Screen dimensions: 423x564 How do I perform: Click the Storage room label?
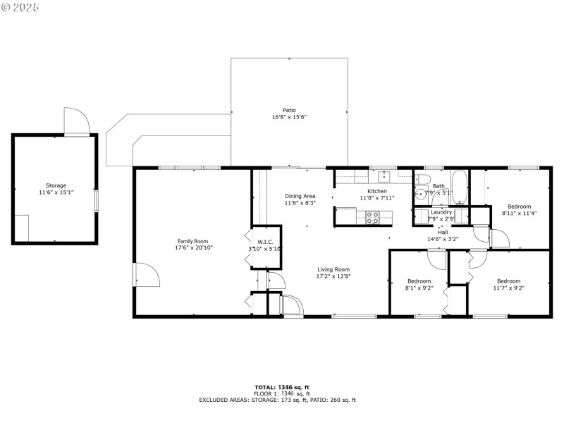56,185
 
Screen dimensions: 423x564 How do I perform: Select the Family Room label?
192,241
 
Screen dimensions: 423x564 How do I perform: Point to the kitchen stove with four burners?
372,216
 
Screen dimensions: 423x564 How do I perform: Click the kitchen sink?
384,176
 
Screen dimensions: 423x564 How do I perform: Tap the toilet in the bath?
424,179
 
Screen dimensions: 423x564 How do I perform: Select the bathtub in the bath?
459,188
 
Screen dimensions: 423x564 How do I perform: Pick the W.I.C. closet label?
264,241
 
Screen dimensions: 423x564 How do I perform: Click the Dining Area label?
300,196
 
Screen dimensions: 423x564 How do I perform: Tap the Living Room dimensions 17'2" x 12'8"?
333,276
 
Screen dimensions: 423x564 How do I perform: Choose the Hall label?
443,232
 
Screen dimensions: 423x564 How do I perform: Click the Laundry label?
441,211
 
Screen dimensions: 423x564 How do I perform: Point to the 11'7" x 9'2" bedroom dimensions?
508,288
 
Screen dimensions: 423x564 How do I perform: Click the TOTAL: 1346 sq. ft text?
282,387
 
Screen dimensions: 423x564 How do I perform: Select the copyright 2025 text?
21,6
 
